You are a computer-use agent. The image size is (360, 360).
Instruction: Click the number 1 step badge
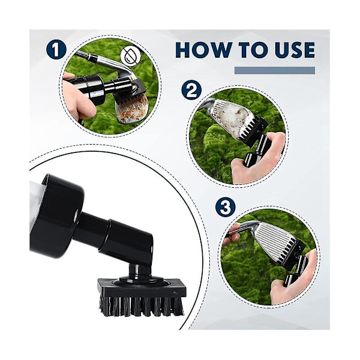(x=56, y=50)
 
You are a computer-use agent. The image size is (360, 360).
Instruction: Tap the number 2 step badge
(x=192, y=91)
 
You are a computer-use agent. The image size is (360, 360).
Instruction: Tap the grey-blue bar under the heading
(x=275, y=70)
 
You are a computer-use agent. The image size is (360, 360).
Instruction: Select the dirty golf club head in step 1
(x=133, y=108)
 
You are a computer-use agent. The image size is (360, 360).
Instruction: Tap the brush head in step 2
(x=252, y=130)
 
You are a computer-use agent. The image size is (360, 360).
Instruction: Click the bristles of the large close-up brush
(x=142, y=306)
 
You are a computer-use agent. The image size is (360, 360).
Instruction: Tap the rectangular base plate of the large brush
(x=142, y=288)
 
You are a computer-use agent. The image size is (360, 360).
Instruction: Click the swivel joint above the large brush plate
(x=136, y=271)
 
